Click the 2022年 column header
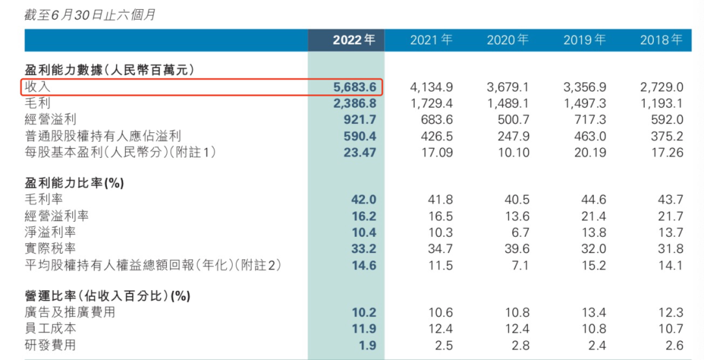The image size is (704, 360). click(x=354, y=40)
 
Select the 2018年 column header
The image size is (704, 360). click(x=661, y=40)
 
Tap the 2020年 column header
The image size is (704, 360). click(x=507, y=40)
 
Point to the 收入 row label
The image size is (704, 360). click(x=37, y=87)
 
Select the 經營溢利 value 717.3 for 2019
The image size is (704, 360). click(x=590, y=119)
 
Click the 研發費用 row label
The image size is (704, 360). click(x=50, y=344)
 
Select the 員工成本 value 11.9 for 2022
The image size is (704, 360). click(x=364, y=328)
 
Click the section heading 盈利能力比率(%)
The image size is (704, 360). click(x=74, y=183)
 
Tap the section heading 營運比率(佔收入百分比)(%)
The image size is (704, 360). click(x=107, y=296)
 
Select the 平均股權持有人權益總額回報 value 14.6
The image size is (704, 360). click(x=364, y=265)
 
